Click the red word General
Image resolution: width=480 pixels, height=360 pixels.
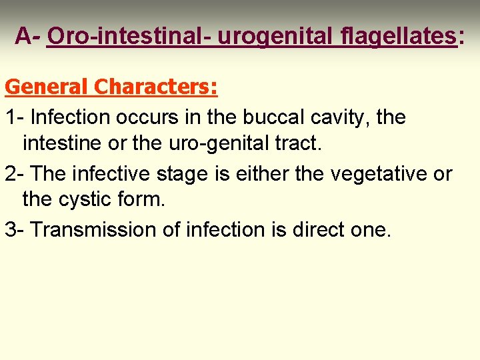click(47, 87)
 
